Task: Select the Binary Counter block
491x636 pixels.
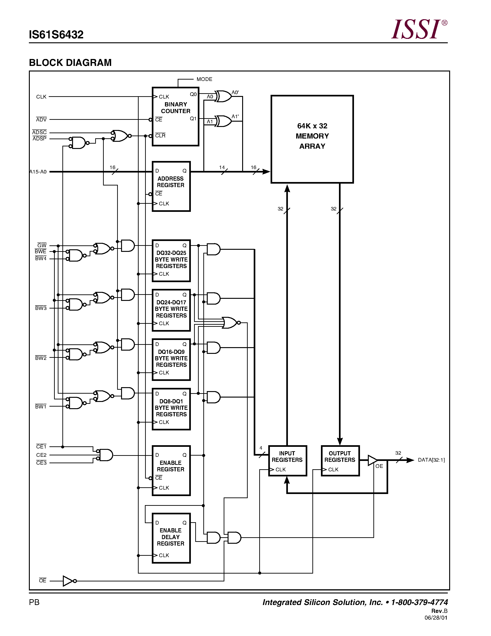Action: click(x=175, y=117)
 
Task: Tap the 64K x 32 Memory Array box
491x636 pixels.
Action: click(x=312, y=139)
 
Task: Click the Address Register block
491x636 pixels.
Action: click(x=171, y=186)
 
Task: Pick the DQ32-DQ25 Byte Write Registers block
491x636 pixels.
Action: click(x=171, y=260)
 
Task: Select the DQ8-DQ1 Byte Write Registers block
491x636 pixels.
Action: click(x=171, y=409)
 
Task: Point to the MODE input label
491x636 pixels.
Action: click(x=204, y=79)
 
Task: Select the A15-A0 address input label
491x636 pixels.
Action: click(x=38, y=172)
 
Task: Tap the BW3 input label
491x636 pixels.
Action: click(x=41, y=308)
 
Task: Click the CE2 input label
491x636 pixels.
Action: click(x=41, y=455)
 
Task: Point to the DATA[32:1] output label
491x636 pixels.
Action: click(x=431, y=460)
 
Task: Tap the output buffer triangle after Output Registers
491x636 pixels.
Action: click(x=372, y=460)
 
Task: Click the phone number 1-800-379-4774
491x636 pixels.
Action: click(x=419, y=602)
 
